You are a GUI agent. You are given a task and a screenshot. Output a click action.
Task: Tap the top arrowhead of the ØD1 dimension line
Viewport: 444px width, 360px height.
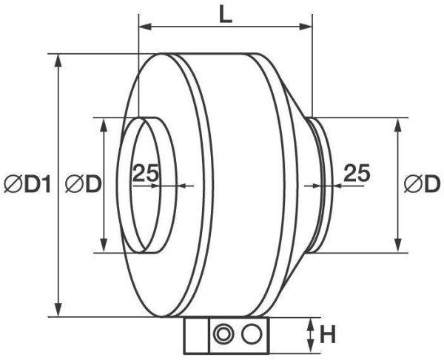[60, 58]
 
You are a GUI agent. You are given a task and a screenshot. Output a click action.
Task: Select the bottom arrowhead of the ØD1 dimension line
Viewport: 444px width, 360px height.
[60, 312]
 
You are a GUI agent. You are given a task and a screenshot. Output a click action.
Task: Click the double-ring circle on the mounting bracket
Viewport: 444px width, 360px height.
[221, 335]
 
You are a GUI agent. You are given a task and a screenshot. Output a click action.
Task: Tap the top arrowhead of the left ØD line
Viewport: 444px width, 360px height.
[104, 122]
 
